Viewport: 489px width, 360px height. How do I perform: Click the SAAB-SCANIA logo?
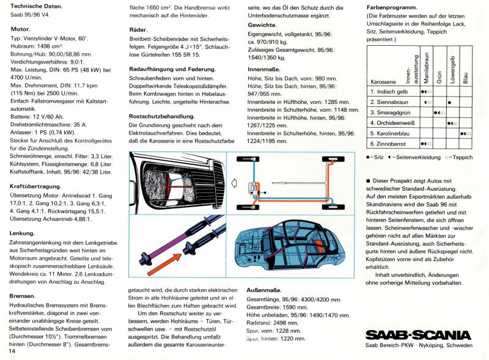(x=418, y=335)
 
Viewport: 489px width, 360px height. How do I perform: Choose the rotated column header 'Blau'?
(x=466, y=76)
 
